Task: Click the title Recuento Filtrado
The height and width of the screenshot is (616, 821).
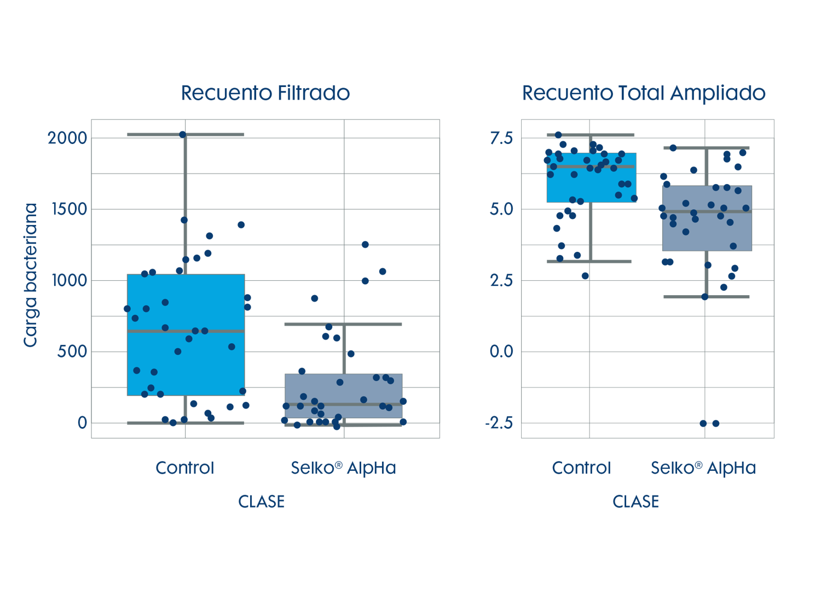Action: (x=265, y=93)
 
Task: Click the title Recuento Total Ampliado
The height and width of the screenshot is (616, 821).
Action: (x=644, y=93)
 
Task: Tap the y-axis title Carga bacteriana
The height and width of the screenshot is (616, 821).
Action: (x=31, y=275)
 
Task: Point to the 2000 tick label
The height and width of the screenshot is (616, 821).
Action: (x=67, y=138)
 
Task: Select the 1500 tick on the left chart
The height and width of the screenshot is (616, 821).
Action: (x=69, y=209)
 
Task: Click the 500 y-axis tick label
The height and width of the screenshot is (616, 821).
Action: (x=72, y=352)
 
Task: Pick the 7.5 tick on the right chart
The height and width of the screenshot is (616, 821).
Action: (x=501, y=138)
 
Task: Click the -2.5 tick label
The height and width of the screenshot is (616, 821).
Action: (x=499, y=423)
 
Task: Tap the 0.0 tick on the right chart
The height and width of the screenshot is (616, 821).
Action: (x=501, y=352)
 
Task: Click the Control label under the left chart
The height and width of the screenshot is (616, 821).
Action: (x=184, y=468)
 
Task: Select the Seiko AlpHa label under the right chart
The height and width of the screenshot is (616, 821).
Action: (x=703, y=468)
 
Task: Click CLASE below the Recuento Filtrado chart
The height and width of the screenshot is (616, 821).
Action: (x=262, y=502)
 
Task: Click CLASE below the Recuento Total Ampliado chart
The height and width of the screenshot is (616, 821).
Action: (x=635, y=502)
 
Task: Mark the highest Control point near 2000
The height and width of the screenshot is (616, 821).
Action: (x=182, y=134)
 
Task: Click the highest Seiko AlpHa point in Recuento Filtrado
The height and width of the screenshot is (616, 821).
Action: (x=365, y=245)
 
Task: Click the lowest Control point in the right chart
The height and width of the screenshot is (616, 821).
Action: (x=585, y=276)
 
